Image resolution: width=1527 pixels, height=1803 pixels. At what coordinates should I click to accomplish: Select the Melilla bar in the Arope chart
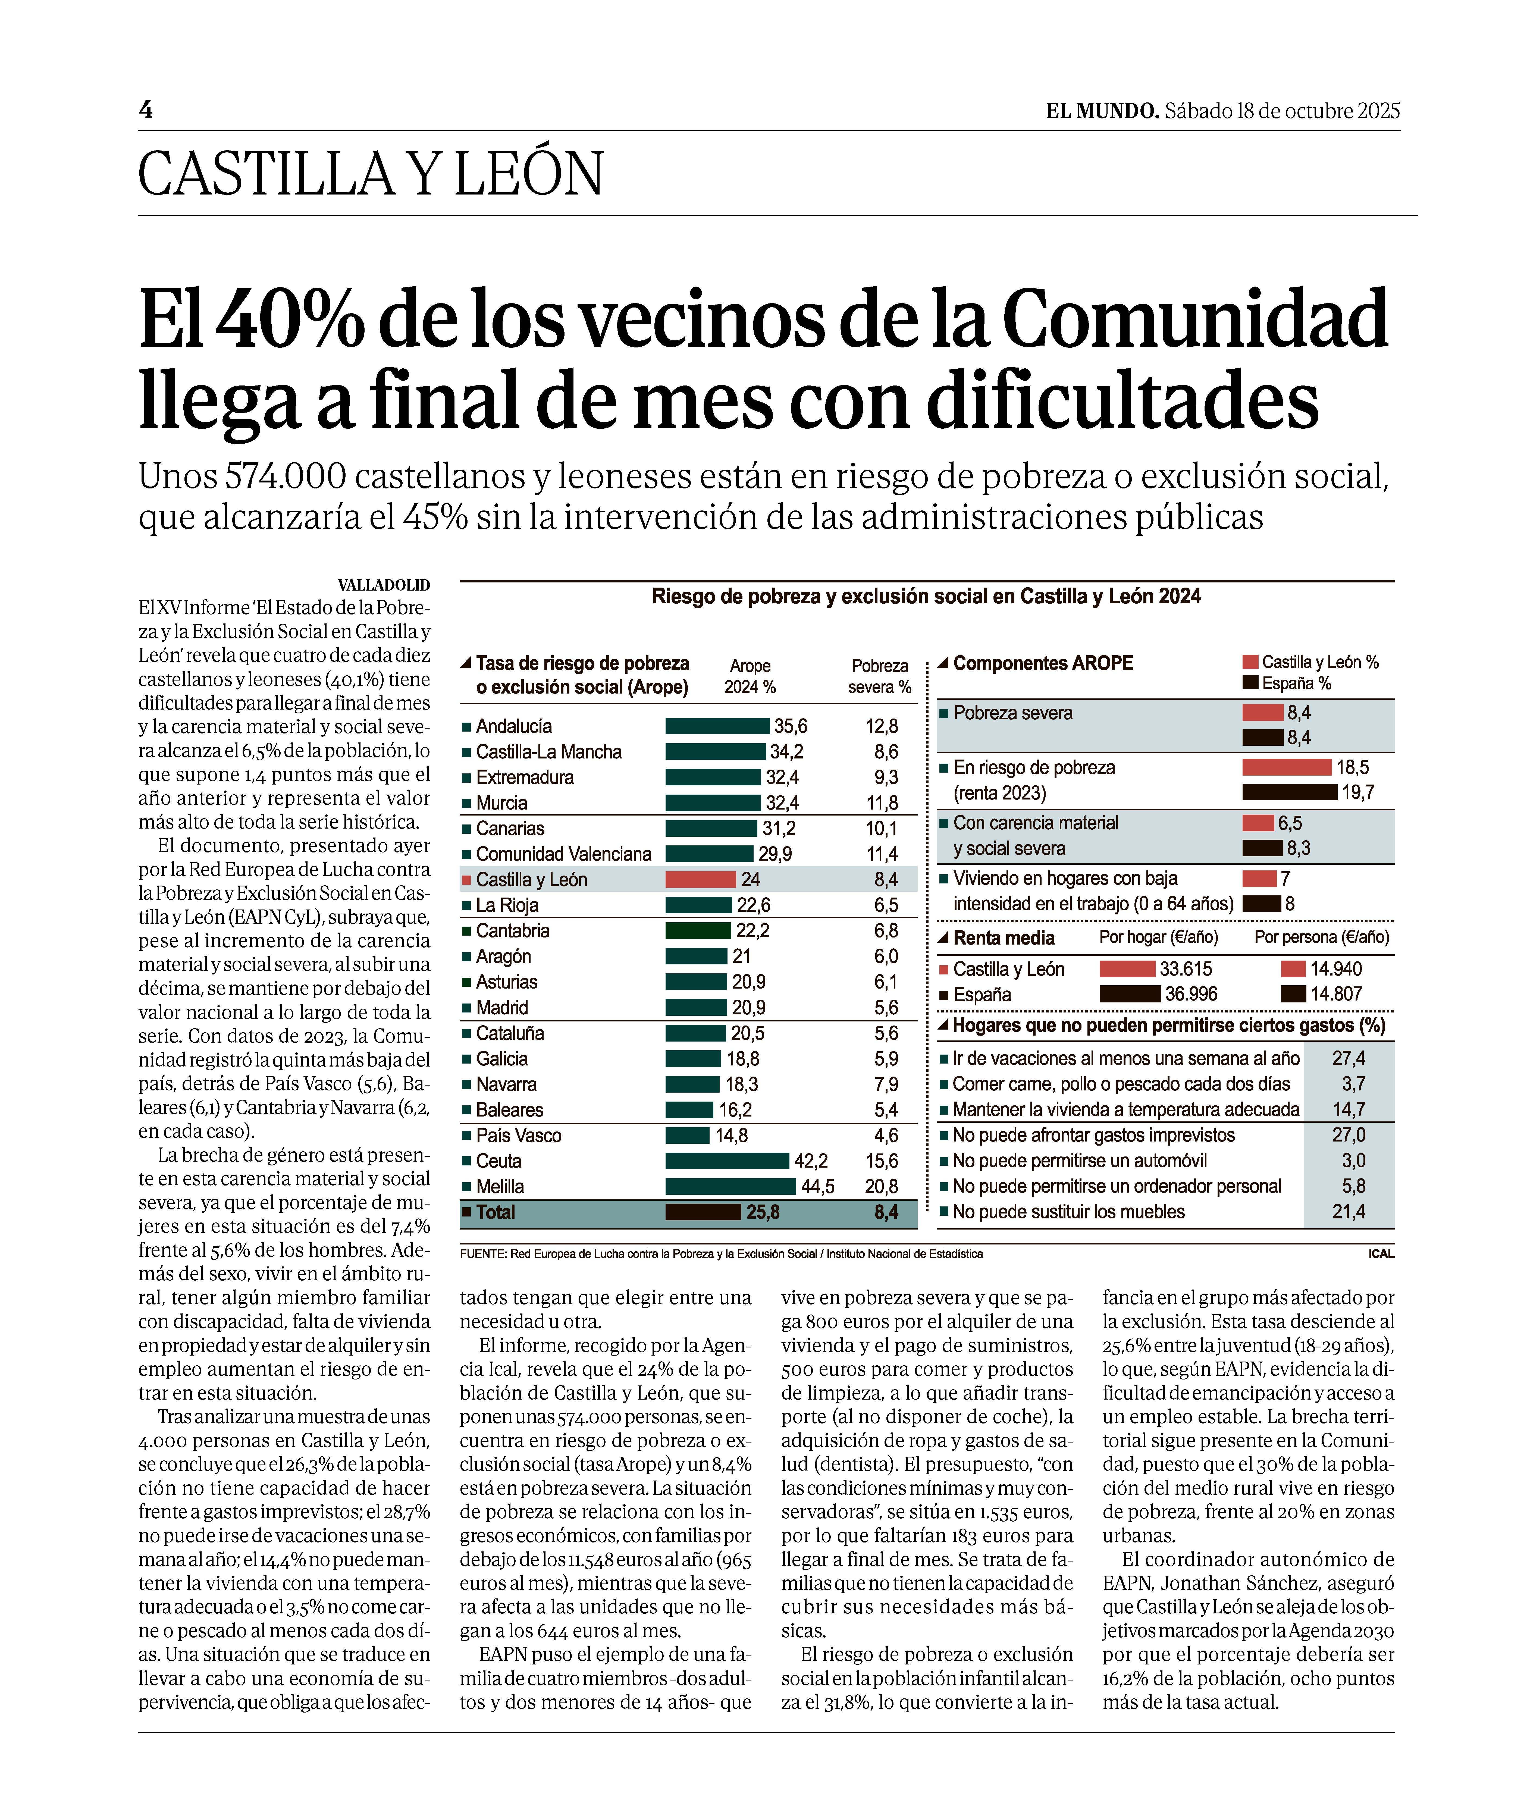tap(730, 1186)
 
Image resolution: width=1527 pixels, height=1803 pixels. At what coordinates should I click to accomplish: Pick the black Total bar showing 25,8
tap(703, 1212)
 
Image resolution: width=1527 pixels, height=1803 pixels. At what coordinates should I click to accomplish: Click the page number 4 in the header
tap(145, 110)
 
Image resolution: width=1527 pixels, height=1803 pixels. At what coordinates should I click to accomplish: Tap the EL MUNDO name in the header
tap(1101, 111)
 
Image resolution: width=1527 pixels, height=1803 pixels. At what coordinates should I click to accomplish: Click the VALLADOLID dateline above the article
tap(384, 585)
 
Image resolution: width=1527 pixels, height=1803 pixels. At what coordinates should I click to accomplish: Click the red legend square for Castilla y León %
tap(1250, 662)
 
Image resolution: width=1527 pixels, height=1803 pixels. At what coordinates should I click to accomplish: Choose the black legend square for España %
tap(1250, 683)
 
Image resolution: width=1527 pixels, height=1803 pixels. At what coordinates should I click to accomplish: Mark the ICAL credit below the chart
tap(1381, 1253)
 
